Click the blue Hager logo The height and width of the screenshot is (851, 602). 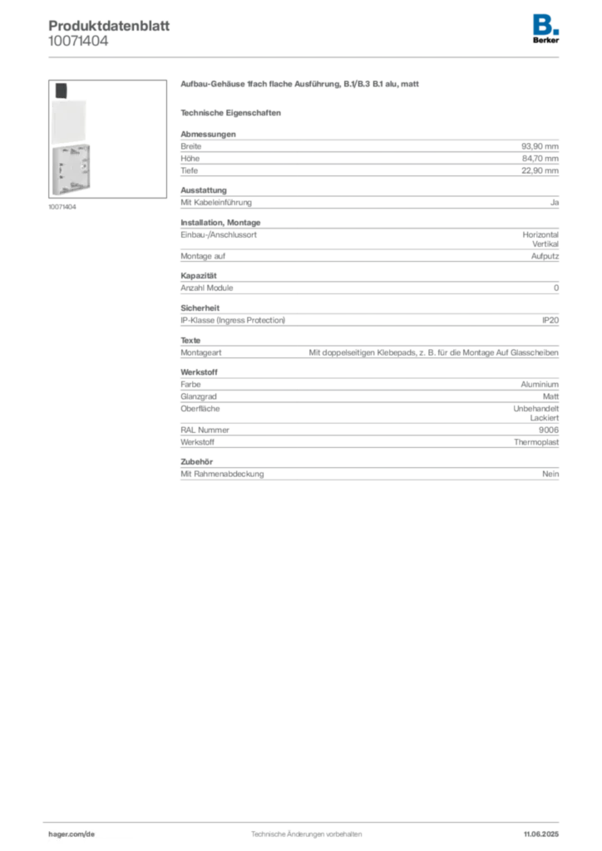pos(546,25)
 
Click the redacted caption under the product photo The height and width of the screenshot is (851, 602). pos(63,207)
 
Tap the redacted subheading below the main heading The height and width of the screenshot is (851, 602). pos(233,112)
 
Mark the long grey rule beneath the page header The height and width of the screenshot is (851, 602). pos(306,57)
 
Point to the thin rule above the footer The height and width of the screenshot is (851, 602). pos(306,820)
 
